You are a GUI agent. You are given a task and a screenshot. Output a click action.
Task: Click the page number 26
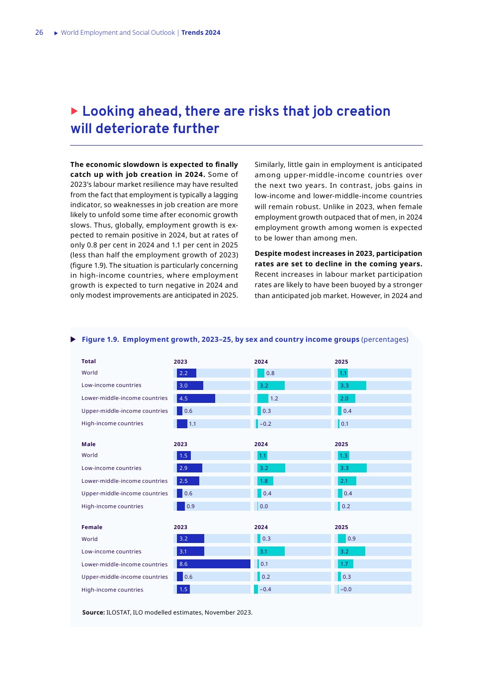[39, 33]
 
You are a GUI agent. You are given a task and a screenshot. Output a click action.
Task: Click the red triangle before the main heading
[75, 111]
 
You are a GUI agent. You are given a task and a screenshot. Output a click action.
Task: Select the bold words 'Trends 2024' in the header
[201, 33]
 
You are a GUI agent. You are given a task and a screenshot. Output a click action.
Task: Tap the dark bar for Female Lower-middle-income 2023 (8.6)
[213, 564]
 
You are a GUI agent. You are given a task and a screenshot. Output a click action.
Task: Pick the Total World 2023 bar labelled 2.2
[186, 373]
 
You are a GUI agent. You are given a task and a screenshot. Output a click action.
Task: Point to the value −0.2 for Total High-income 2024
[266, 424]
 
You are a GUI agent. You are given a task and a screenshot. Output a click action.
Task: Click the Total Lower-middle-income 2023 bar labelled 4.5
[196, 398]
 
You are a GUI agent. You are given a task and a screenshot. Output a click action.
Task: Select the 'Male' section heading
[88, 444]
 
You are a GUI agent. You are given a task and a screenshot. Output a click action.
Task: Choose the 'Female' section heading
[92, 527]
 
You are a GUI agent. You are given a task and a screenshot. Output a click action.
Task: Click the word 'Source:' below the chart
[93, 613]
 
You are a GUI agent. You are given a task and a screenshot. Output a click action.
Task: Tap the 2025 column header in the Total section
[341, 362]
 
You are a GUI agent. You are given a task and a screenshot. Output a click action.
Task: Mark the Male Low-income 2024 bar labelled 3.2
[271, 468]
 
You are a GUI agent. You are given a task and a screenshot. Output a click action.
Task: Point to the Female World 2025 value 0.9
[351, 539]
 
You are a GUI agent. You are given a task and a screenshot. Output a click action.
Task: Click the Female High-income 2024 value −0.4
[265, 589]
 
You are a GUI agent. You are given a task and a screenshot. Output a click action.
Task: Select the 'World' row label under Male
[89, 455]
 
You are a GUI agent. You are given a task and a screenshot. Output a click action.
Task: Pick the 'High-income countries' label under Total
[112, 423]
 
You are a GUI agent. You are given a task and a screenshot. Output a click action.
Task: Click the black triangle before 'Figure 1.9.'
[73, 339]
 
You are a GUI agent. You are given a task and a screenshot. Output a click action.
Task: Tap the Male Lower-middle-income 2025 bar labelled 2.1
[347, 481]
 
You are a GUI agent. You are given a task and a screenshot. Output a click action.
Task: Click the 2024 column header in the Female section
[261, 527]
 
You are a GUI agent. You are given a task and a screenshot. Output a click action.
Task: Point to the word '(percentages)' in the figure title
[385, 339]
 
